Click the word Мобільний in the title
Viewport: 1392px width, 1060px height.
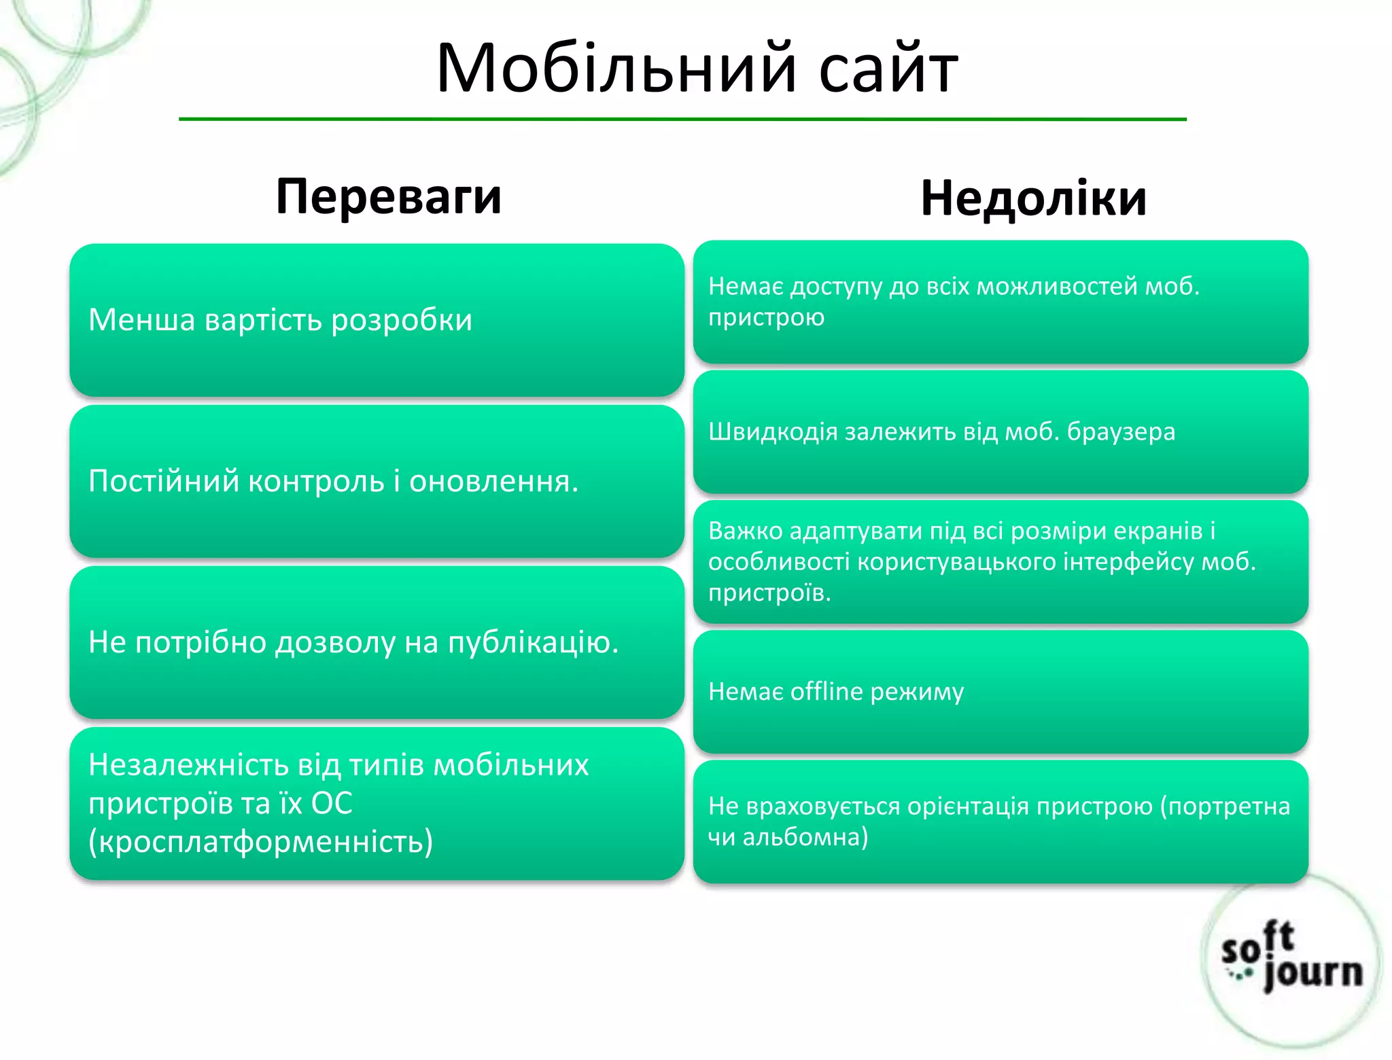point(616,69)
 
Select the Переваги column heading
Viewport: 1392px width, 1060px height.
point(389,196)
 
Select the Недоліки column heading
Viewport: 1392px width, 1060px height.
point(1033,199)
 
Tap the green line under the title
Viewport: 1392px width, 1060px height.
point(682,120)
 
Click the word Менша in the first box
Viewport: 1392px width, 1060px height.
point(141,320)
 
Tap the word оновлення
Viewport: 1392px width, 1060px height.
point(492,481)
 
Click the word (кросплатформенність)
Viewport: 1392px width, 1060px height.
point(260,841)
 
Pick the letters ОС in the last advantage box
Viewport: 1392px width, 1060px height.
point(332,803)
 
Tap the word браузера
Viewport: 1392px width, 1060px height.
point(1120,432)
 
